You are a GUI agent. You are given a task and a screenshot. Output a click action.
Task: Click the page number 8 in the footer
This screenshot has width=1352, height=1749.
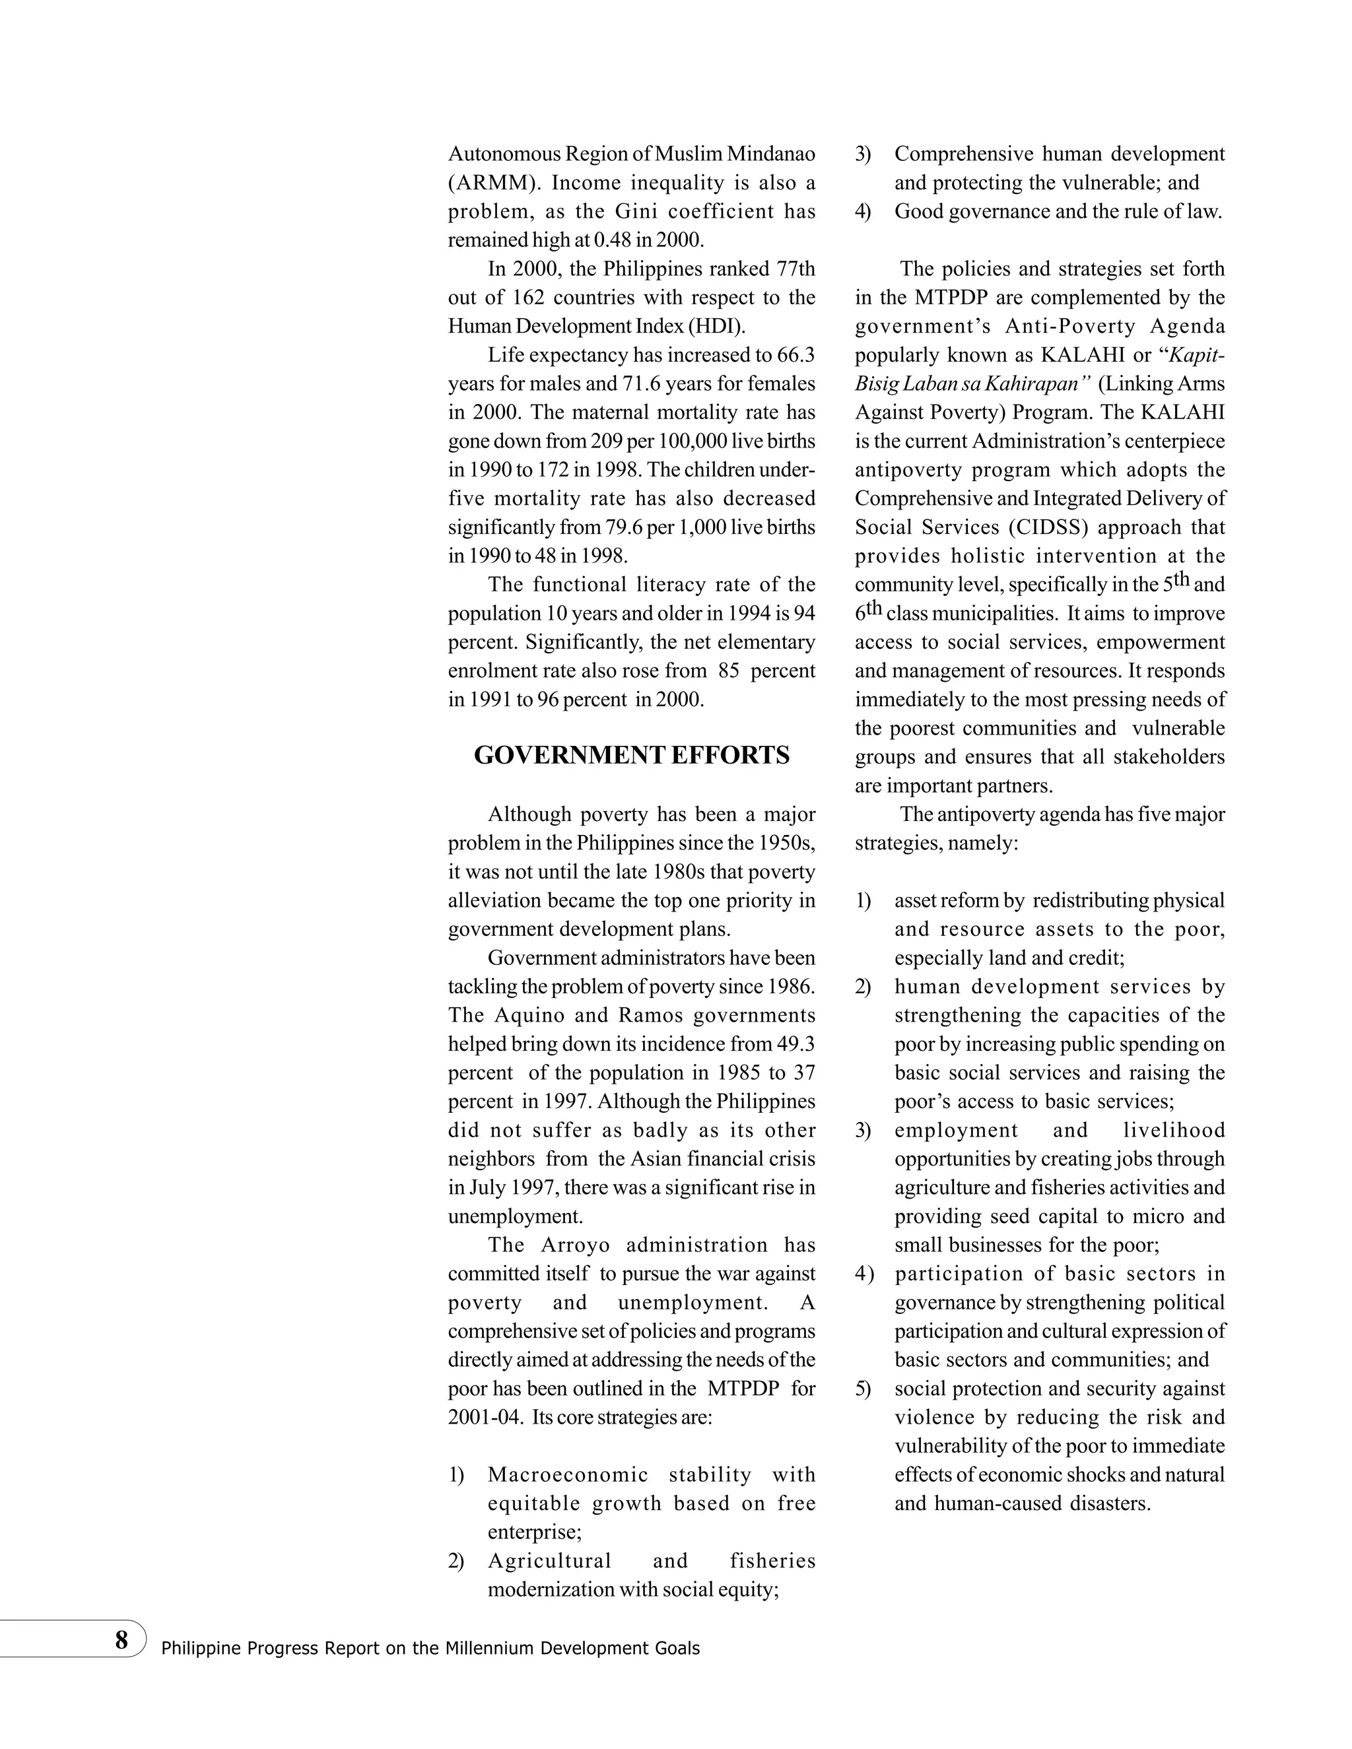121,1640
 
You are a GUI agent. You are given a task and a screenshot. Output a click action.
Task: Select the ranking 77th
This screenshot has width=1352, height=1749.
795,268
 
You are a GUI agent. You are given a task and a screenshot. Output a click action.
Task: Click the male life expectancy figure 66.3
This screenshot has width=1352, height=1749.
795,355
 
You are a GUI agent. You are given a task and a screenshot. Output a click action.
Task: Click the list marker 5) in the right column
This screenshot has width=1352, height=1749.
863,1389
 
